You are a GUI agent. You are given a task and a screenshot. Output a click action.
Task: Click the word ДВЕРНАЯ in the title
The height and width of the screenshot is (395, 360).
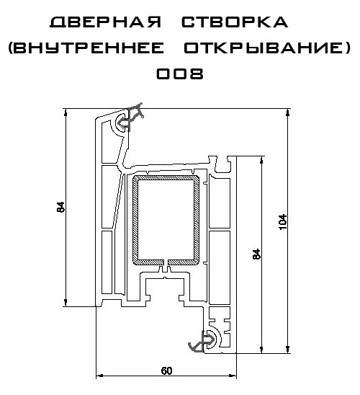pos(105,22)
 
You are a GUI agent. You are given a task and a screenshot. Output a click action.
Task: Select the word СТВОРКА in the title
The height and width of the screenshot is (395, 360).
pos(235,22)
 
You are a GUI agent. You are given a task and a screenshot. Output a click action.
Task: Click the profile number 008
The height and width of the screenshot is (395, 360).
pos(180,74)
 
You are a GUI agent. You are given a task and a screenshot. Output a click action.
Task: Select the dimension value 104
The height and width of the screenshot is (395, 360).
pos(283,222)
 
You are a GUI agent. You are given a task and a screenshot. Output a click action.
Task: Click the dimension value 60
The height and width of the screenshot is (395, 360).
pos(166,370)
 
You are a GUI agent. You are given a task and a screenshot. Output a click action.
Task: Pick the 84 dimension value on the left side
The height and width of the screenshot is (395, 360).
pos(61,207)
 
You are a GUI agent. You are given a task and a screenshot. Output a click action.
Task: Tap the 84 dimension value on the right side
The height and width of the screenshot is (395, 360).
pos(256,254)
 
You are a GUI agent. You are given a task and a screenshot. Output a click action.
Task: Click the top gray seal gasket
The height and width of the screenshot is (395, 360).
pos(128,118)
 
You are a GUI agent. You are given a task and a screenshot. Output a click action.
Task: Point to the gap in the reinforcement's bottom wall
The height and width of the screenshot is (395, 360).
pos(166,262)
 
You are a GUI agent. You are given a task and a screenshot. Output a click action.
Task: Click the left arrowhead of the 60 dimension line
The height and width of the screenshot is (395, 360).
pos(99,376)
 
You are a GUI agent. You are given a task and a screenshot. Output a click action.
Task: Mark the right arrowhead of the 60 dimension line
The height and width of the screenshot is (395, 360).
pos(233,376)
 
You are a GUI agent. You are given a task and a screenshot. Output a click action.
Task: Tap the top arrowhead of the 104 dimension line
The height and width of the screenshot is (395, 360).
pos(287,112)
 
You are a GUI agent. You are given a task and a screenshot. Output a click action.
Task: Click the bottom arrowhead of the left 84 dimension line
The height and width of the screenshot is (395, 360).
pos(66,303)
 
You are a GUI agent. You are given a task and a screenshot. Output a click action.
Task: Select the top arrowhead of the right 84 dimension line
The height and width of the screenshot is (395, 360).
pos(261,160)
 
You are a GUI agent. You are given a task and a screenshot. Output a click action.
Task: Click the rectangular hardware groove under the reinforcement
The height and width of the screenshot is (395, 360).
pos(165,290)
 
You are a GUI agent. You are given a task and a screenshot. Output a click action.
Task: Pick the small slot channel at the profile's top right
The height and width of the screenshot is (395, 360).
pos(222,164)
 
